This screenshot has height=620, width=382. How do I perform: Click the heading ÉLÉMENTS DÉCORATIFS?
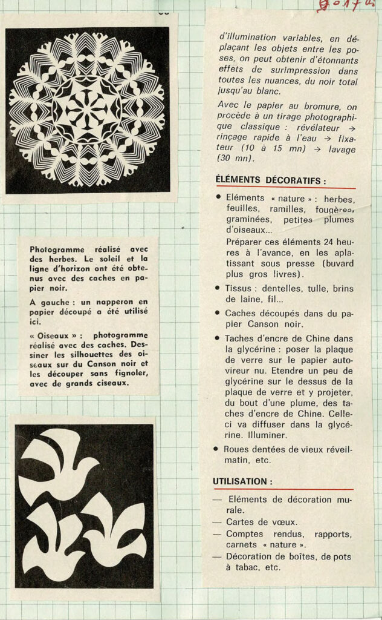(271, 180)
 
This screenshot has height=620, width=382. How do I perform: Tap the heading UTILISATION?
(242, 481)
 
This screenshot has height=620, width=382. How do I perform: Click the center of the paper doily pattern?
(86, 110)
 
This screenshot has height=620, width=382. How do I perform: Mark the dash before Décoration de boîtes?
(217, 556)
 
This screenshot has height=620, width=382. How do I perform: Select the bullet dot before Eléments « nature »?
(218, 197)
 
